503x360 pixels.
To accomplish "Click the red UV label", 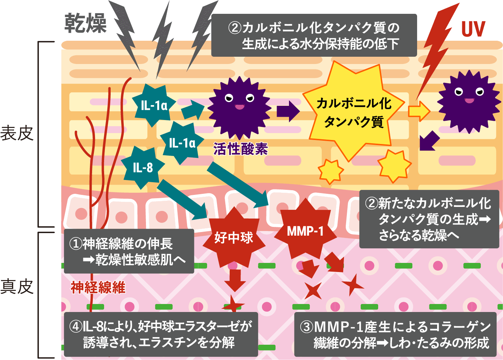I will click(473, 29).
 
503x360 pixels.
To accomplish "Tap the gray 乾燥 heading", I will click(86, 23).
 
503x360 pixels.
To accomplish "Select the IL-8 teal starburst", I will click(143, 168).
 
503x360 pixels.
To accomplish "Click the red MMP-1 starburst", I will click(305, 231).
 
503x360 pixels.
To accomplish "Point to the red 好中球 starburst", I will click(234, 237).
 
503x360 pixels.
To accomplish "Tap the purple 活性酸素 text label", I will click(241, 149).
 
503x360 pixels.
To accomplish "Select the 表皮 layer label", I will click(17, 133).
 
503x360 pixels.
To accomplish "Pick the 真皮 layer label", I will click(17, 287).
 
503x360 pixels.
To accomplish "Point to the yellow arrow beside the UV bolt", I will click(419, 111).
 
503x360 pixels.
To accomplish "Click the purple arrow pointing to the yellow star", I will click(288, 111).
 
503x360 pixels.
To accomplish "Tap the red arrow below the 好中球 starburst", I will click(235, 280).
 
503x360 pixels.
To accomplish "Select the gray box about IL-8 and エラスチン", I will click(161, 334).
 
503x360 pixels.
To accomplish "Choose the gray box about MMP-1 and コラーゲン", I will click(395, 334).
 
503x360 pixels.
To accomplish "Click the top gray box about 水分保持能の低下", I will click(314, 35).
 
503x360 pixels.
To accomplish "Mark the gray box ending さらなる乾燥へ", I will click(429, 219).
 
